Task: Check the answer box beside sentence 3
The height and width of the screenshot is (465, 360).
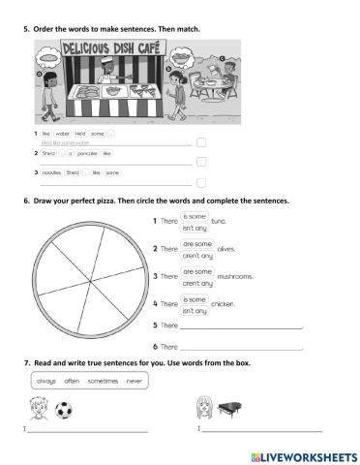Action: coord(200,182)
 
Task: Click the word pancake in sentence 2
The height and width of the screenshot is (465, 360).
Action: coord(85,153)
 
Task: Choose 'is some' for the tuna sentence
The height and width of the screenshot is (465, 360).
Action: coord(195,217)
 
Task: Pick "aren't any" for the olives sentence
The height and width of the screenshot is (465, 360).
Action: coord(197,256)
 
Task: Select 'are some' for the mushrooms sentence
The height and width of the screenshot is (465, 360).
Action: coord(197,272)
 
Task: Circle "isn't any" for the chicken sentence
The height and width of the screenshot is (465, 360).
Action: coord(195,311)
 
